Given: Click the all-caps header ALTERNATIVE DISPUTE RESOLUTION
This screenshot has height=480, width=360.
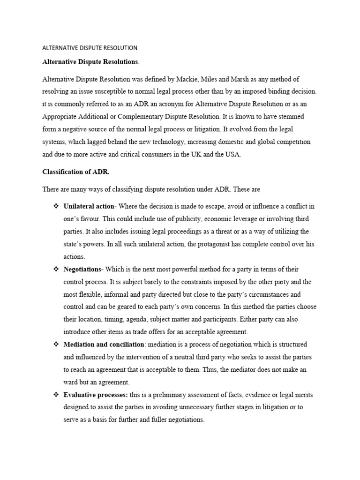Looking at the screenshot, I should [90, 48].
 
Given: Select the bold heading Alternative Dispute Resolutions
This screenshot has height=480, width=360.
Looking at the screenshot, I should [90, 62].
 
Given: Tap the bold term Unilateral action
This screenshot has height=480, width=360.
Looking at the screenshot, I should [89, 207].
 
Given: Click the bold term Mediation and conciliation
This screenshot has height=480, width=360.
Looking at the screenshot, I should [104, 345].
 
